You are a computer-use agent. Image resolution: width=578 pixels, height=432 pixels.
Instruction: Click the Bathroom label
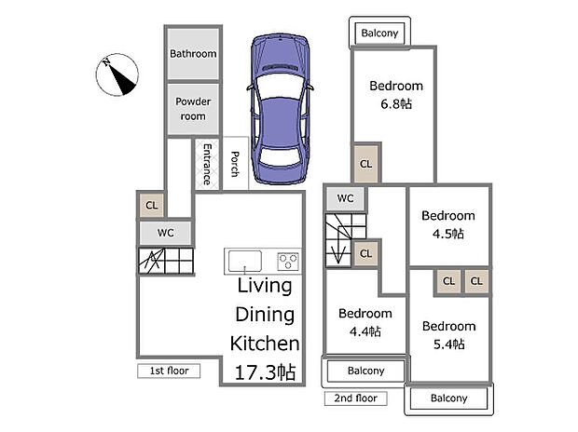193,54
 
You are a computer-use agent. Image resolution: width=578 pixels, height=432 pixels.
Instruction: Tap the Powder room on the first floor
193,109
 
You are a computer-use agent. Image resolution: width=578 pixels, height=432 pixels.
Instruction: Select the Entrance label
207,164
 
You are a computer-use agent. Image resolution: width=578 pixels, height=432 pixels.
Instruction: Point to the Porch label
235,164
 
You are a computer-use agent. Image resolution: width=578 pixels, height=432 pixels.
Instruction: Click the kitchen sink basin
245,261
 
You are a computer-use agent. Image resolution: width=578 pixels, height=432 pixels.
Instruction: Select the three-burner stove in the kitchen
288,261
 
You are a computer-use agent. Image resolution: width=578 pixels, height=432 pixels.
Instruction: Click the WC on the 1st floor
166,233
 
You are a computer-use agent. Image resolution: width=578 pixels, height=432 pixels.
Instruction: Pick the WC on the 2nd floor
345,198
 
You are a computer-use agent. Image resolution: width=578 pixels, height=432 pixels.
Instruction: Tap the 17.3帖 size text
265,372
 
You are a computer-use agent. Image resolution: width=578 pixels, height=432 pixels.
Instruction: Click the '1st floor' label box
169,371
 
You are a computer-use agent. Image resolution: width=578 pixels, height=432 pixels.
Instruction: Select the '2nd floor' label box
356,398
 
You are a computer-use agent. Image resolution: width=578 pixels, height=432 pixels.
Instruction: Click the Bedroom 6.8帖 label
396,95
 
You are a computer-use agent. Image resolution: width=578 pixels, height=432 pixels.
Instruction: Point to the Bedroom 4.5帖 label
448,224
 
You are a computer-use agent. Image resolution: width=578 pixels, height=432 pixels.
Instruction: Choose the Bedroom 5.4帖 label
449,335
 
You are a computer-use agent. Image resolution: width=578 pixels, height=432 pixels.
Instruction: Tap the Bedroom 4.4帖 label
365,322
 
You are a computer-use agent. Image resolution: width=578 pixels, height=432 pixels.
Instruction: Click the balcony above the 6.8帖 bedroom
379,34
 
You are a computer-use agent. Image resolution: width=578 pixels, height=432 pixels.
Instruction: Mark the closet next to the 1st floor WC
152,205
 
